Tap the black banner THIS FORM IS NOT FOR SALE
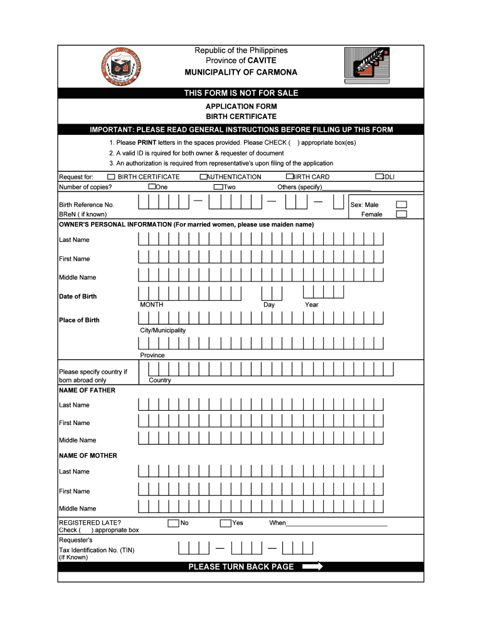point(241,93)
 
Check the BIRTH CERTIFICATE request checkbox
point(112,177)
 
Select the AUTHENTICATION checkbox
point(204,177)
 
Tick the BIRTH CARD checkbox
point(290,177)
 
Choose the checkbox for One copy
point(152,187)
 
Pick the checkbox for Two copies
point(218,187)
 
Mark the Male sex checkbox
point(401,204)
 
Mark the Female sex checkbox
point(401,214)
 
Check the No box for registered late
point(173,523)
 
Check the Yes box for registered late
point(225,523)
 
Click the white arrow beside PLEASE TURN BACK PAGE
point(312,567)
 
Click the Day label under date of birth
point(269,305)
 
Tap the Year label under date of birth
point(312,305)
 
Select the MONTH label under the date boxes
point(152,305)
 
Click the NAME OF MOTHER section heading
point(88,456)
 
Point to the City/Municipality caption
point(163,330)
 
